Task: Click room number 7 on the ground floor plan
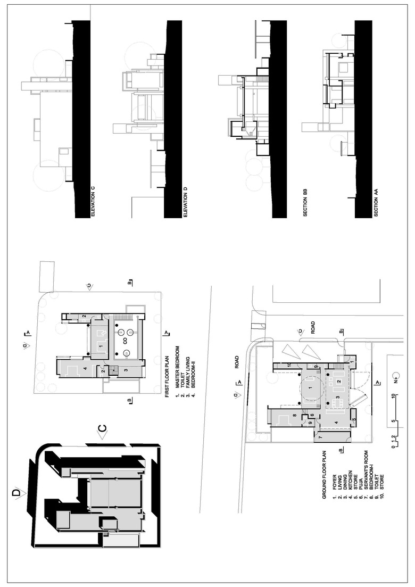click(320, 437)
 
